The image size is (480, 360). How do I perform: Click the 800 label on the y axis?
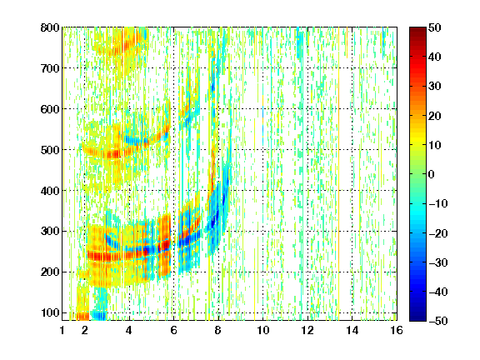tap(50, 27)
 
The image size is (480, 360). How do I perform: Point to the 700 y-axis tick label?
tap(50, 68)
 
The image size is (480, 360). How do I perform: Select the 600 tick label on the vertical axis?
tap(50, 109)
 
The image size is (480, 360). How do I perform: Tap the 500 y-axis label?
tap(50, 150)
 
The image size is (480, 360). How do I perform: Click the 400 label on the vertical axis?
tap(50, 191)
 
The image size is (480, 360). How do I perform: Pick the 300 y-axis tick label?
tap(50, 232)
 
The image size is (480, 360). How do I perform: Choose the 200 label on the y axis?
tap(50, 272)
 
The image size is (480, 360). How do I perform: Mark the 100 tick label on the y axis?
tap(50, 312)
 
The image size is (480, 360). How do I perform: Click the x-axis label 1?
tap(62, 330)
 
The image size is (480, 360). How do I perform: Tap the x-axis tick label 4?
tap(129, 330)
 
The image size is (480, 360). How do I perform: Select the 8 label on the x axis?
tap(217, 330)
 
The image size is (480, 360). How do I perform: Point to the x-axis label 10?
tap(262, 330)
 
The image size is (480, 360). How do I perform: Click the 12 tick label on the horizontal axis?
tap(307, 330)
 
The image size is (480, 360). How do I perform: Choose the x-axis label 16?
tap(397, 330)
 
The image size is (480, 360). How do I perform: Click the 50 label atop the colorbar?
tap(435, 27)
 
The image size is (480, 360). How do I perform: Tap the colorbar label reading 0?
tap(432, 174)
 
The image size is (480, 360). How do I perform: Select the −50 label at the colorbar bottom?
tap(438, 321)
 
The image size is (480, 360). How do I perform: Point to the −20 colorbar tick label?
tap(438, 233)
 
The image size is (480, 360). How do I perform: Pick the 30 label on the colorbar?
tap(435, 87)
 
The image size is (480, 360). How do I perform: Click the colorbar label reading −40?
tap(438, 292)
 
